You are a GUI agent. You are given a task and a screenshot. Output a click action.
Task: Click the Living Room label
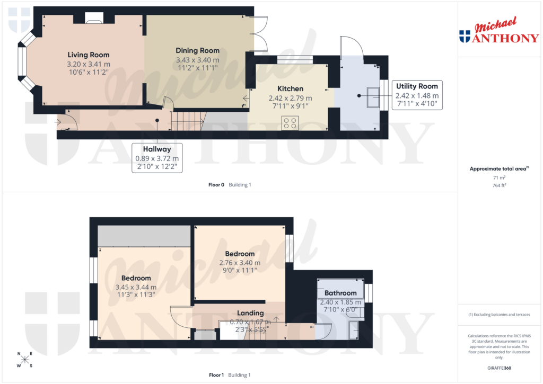point(89,55)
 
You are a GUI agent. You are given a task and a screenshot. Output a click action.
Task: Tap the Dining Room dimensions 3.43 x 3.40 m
point(197,60)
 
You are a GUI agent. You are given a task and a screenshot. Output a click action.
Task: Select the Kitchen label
point(290,88)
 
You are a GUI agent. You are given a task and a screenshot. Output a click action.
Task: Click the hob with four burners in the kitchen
point(291,123)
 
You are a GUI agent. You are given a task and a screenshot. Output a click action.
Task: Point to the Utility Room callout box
point(417,95)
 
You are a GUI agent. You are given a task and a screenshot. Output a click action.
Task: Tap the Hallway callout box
point(156,158)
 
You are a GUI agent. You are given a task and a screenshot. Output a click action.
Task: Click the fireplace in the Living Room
point(94,20)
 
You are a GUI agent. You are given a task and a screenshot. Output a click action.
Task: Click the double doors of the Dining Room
point(260,33)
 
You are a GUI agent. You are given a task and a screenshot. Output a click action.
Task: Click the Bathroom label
point(340,293)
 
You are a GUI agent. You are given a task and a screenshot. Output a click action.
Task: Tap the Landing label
point(250,313)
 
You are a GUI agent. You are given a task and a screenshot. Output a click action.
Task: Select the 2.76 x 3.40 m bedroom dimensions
point(240,262)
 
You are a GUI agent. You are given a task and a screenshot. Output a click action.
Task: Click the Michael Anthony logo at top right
point(498,31)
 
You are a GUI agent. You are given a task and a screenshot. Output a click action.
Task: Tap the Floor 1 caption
point(216,375)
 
